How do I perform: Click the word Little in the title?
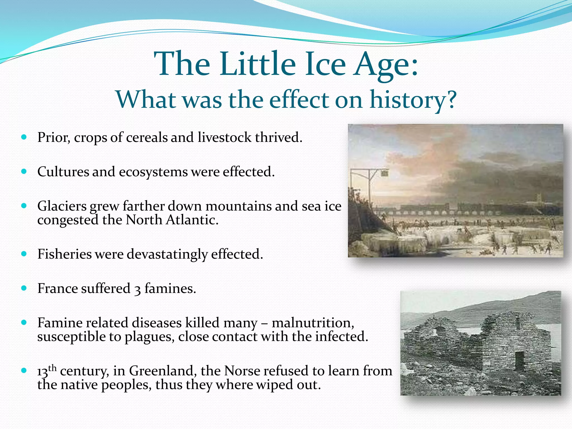pyautogui.click(x=257, y=64)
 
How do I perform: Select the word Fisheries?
pyautogui.click(x=64, y=254)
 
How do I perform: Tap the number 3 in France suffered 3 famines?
pyautogui.click(x=137, y=289)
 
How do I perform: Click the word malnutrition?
pyautogui.click(x=313, y=323)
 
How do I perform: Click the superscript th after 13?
pyautogui.click(x=53, y=368)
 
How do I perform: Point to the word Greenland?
pyautogui.click(x=161, y=371)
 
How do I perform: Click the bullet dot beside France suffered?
pyautogui.click(x=24, y=288)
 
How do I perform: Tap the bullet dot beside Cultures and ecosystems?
pyautogui.click(x=24, y=171)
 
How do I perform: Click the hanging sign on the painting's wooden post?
pyautogui.click(x=384, y=174)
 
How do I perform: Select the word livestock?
pyautogui.click(x=225, y=137)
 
